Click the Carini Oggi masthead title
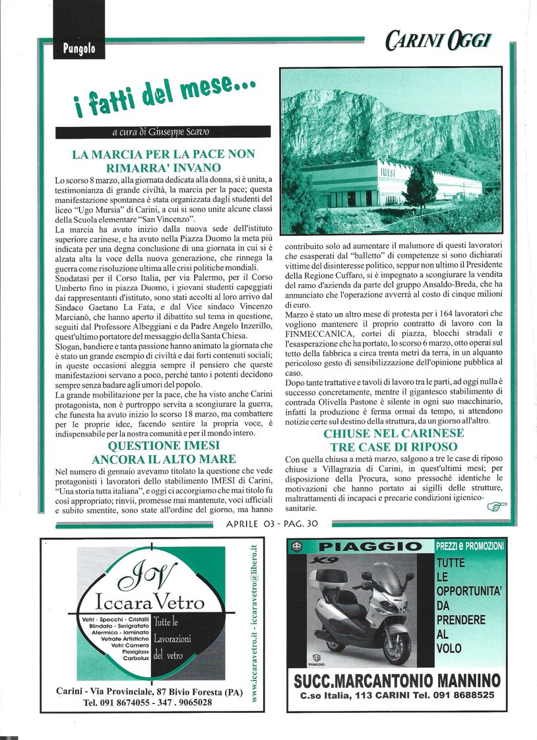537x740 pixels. click(438, 42)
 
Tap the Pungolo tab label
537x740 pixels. click(79, 48)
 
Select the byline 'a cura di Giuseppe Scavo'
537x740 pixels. click(162, 132)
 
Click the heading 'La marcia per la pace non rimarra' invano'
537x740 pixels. click(163, 161)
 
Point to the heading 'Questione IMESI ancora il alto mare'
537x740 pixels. click(163, 452)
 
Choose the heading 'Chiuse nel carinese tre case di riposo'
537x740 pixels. click(393, 439)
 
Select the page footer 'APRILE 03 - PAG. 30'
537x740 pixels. click(271, 524)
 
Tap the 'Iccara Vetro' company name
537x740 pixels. click(150, 603)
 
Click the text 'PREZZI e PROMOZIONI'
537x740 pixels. click(470, 546)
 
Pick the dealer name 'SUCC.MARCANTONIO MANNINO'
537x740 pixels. click(396, 681)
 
